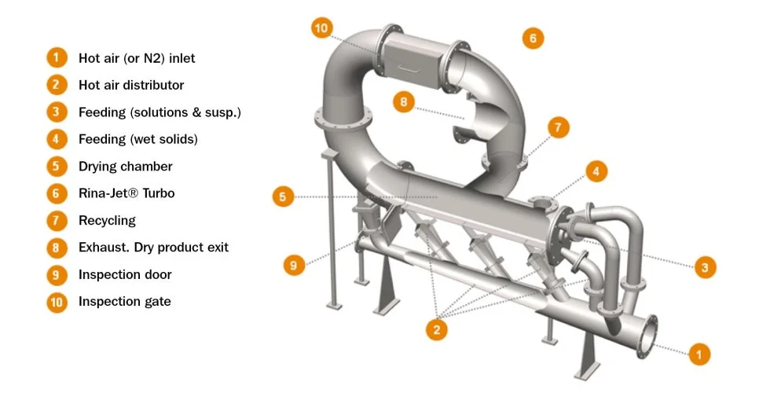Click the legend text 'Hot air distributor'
point(131,85)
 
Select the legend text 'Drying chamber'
point(125,167)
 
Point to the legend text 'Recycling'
point(107,221)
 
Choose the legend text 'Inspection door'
point(125,275)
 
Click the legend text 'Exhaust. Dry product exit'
point(153,248)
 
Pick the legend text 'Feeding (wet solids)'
point(137,139)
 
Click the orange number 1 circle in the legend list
point(57,58)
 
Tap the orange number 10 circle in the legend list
point(57,302)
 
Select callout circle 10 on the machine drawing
point(321,29)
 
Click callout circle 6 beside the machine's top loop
point(533,37)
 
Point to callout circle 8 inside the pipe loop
point(402,101)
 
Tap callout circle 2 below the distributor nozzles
point(436,329)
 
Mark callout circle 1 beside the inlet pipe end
point(698,354)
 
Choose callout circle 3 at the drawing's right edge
point(705,267)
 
